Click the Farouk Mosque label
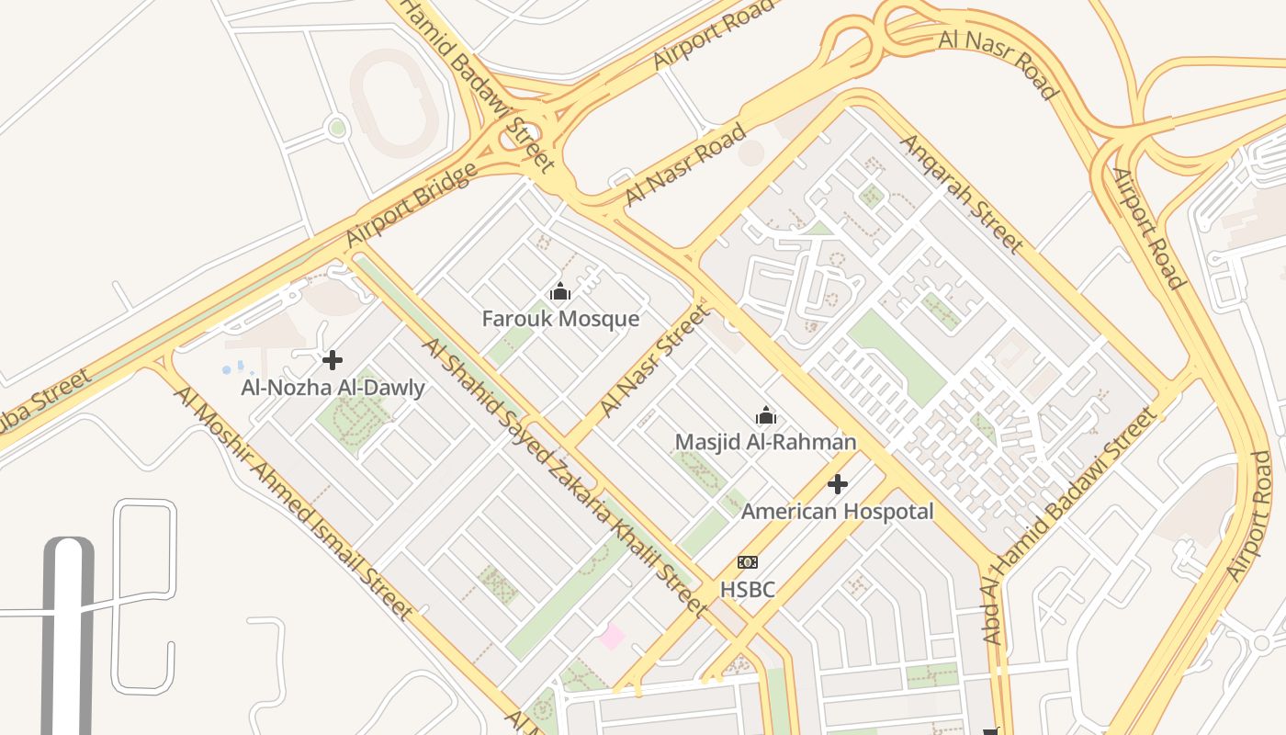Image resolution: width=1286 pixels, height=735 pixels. point(560,319)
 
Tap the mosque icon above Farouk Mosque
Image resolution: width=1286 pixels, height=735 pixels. point(560,293)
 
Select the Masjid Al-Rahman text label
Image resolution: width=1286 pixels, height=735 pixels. point(765,442)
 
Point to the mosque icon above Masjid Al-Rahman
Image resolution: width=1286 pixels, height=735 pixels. point(765,416)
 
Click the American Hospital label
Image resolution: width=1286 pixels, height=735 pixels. point(837,512)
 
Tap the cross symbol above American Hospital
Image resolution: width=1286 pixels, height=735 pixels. point(837,484)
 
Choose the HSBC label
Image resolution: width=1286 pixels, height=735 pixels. point(748,590)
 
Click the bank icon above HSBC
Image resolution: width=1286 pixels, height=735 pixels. point(748,562)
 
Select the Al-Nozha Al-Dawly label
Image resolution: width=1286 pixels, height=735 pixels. point(333,388)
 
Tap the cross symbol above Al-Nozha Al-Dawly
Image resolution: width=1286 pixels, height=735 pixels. point(333,360)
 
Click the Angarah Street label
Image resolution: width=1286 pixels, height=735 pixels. point(961,194)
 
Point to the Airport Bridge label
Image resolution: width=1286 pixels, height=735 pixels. point(412,205)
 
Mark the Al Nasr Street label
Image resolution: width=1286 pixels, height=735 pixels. point(655,361)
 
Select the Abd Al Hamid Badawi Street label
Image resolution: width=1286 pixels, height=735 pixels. point(1071,525)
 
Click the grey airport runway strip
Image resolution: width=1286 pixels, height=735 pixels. point(68,643)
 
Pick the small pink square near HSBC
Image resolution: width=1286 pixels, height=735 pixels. point(612,636)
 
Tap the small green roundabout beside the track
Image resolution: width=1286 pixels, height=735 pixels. point(337,128)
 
